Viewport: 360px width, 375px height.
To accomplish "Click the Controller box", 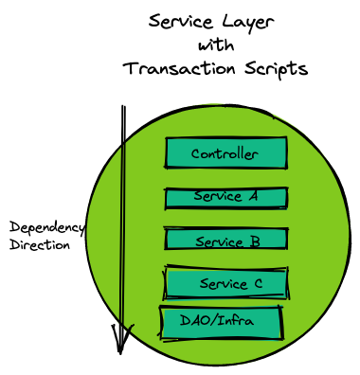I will [x=225, y=153].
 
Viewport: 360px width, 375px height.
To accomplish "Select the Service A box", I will [x=225, y=197].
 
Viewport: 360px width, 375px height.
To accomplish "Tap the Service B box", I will [x=225, y=241].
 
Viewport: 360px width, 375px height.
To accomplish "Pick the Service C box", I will [x=225, y=283].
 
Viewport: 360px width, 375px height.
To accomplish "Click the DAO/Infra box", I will [x=221, y=321].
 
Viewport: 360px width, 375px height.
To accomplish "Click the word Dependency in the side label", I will [x=47, y=227].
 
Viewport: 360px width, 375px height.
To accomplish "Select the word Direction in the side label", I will [x=40, y=244].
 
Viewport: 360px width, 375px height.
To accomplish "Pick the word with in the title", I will [x=215, y=45].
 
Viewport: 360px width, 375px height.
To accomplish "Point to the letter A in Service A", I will [x=251, y=196].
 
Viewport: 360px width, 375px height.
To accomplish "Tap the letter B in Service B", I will [x=254, y=241].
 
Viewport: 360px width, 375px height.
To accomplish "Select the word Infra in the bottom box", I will [x=235, y=321].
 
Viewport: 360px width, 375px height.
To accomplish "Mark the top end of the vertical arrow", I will [x=123, y=107].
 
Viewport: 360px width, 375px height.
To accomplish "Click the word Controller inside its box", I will [x=224, y=153].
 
